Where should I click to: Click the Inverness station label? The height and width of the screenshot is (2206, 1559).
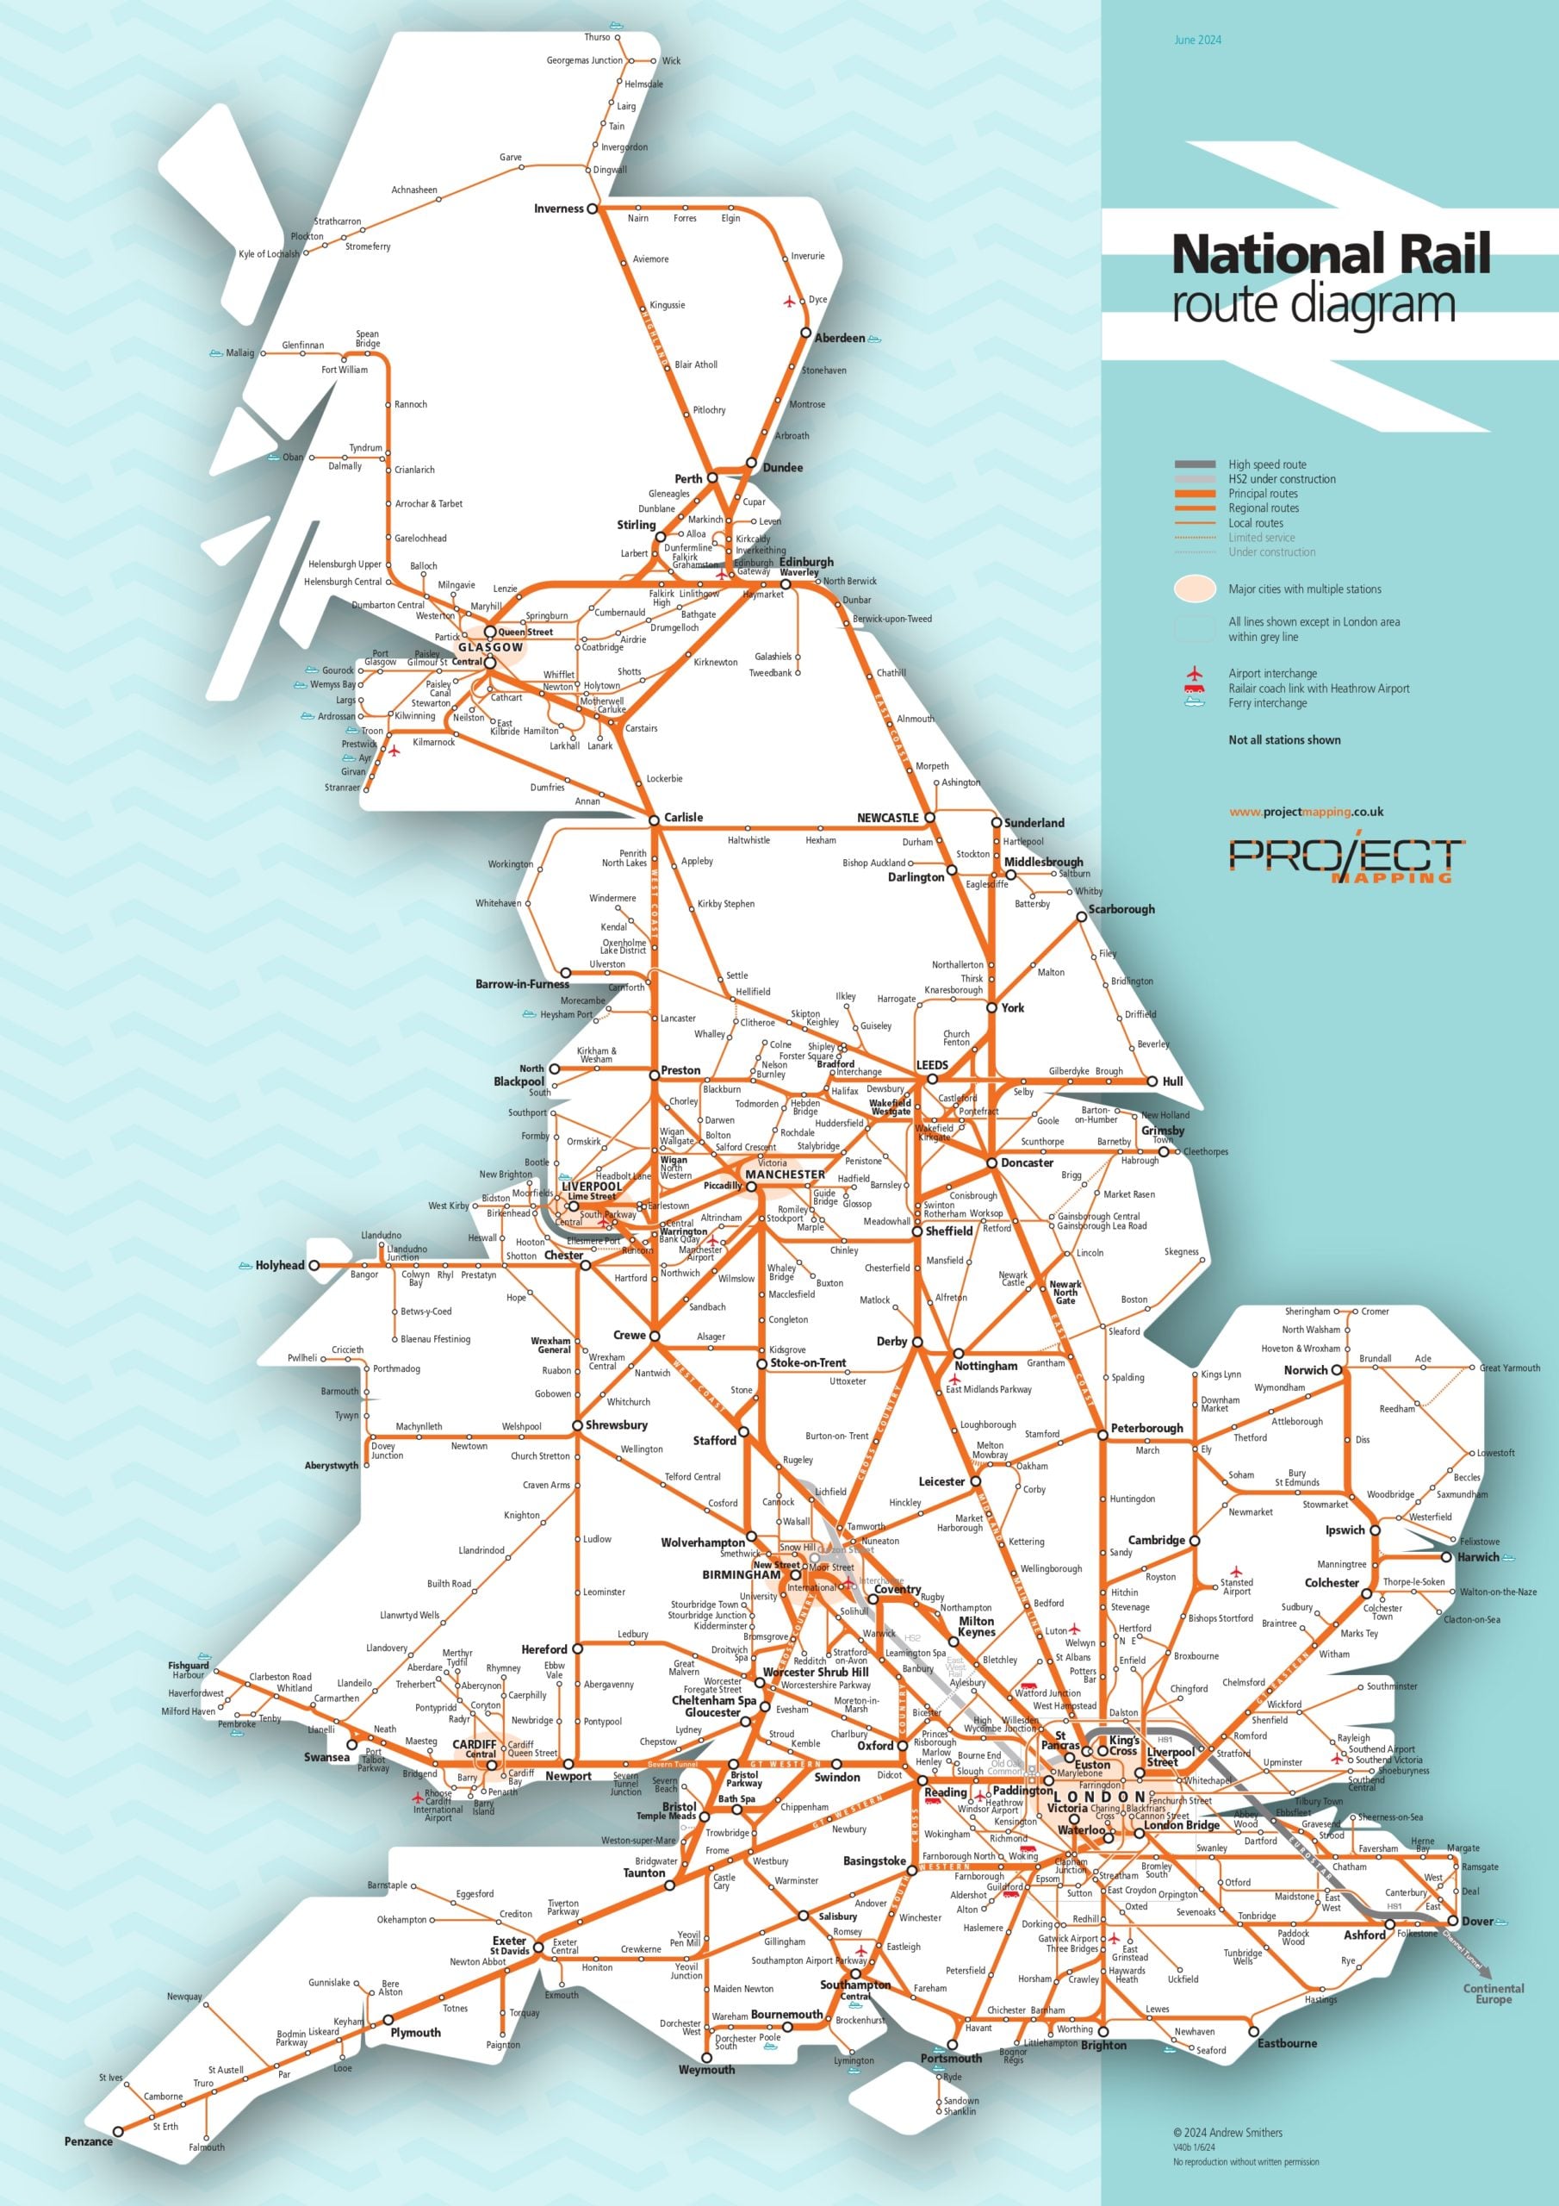[558, 209]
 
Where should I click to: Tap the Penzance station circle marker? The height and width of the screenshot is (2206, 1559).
[118, 2131]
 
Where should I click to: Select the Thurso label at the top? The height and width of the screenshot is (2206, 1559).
[597, 36]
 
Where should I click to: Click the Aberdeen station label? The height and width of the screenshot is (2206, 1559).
[839, 338]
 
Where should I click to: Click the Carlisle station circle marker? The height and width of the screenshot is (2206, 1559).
[654, 819]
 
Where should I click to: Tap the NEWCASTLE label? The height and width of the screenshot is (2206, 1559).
[886, 818]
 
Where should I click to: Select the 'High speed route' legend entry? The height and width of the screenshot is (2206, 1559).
[1266, 464]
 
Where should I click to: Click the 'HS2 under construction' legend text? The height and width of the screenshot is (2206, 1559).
[1282, 478]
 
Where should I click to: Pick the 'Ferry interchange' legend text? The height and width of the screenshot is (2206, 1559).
[1267, 702]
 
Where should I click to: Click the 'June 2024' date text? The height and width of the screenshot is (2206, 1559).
[1197, 41]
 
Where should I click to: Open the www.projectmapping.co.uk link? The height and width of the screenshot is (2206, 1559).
[1306, 812]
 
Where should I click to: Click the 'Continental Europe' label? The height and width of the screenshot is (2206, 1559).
[1493, 1994]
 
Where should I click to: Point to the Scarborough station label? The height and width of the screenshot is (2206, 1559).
[1121, 909]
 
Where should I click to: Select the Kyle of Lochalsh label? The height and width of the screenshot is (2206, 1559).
[268, 254]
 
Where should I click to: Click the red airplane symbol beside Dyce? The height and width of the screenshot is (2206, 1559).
[790, 302]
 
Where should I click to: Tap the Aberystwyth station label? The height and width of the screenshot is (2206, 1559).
[331, 1465]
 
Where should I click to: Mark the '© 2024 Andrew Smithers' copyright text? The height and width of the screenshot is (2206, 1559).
[1227, 2132]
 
